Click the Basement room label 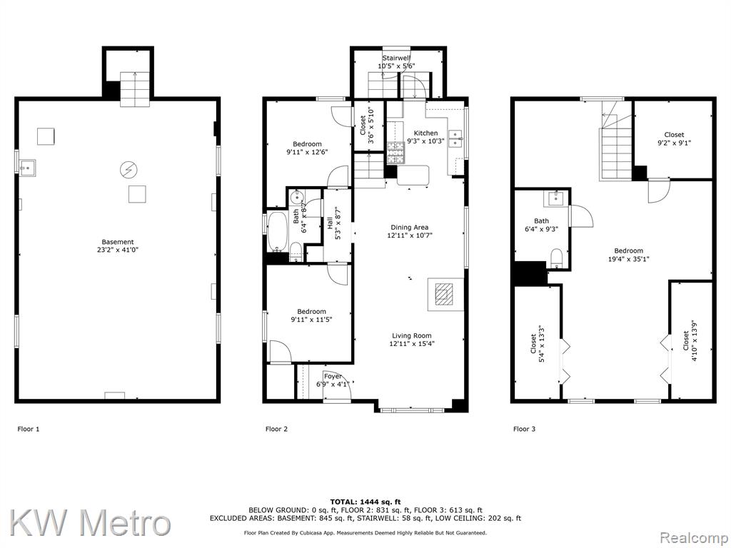pos(118,242)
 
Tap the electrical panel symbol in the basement pos(127,170)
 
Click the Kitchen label pos(425,133)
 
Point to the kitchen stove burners pos(395,153)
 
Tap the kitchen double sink pos(455,139)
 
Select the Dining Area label pos(409,228)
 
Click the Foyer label pos(333,376)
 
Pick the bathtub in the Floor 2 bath pos(277,233)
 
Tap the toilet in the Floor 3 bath pos(556,258)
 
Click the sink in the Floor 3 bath pos(556,198)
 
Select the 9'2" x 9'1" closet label pos(674,143)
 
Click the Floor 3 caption pos(524,429)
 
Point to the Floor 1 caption pos(29,429)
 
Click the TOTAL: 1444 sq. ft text pos(365,502)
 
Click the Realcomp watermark pos(695,538)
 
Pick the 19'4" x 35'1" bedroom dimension pos(628,259)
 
